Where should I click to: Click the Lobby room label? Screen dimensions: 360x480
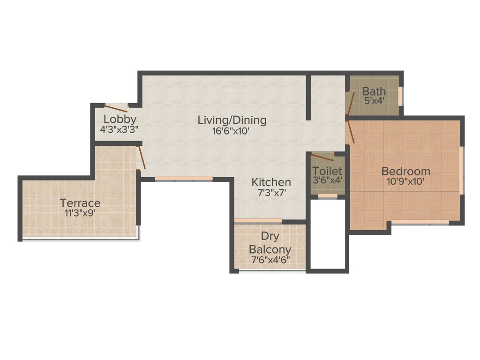[120, 119]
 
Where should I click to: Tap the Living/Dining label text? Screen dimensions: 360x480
[232, 120]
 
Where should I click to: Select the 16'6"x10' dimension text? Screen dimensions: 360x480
[232, 131]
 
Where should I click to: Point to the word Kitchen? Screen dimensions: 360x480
[271, 182]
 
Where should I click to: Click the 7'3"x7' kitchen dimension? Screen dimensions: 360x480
[271, 192]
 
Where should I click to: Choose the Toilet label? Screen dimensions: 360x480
[327, 171]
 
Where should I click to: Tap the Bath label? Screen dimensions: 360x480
[374, 91]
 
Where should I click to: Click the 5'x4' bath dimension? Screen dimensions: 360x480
[374, 100]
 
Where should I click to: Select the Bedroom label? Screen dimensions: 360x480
[405, 171]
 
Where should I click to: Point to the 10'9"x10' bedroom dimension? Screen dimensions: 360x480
[405, 181]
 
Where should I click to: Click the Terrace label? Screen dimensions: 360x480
[80, 203]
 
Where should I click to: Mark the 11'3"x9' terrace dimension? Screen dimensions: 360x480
[80, 213]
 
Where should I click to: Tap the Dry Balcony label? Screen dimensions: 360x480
[270, 244]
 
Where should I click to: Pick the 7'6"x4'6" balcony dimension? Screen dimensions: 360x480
[270, 259]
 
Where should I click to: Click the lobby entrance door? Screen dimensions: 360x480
[116, 108]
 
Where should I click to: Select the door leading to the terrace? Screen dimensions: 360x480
[141, 157]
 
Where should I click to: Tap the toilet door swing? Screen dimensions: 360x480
[322, 157]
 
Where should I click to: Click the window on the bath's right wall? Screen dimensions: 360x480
[400, 96]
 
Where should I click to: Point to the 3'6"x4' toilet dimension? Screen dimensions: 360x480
[328, 180]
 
